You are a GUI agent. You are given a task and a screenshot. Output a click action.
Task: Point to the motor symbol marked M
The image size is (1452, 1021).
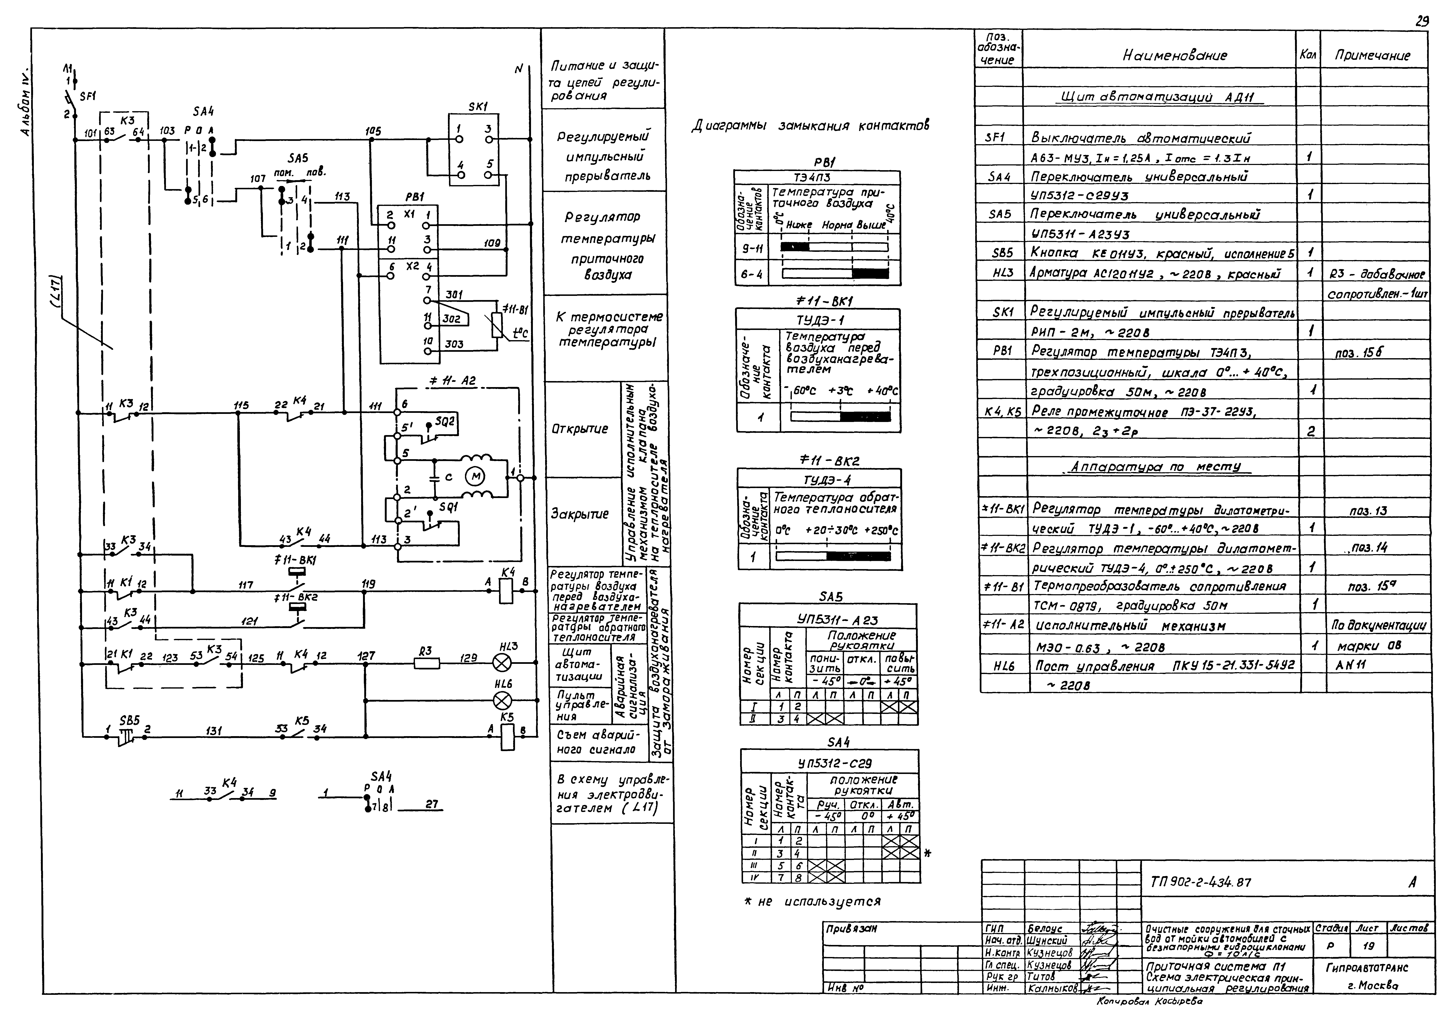(x=474, y=476)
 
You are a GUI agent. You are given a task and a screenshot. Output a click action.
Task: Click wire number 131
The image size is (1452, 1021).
(x=214, y=731)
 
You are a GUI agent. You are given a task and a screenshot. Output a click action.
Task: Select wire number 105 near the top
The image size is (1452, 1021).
(x=373, y=131)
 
